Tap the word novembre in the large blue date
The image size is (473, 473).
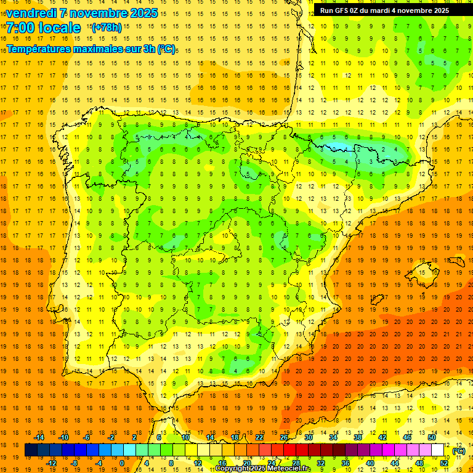(98, 13)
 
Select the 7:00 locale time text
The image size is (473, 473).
(44, 28)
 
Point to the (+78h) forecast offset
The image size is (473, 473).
(106, 28)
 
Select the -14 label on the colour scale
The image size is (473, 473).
(39, 437)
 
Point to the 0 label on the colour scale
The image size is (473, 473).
(122, 463)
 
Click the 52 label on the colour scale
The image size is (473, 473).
(444, 463)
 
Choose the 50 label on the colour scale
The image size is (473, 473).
(432, 437)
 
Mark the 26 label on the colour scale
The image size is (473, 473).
(284, 437)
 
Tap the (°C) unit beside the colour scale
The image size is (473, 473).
(459, 451)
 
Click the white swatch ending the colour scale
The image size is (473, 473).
(438, 450)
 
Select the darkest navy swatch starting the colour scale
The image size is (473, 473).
(31, 450)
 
